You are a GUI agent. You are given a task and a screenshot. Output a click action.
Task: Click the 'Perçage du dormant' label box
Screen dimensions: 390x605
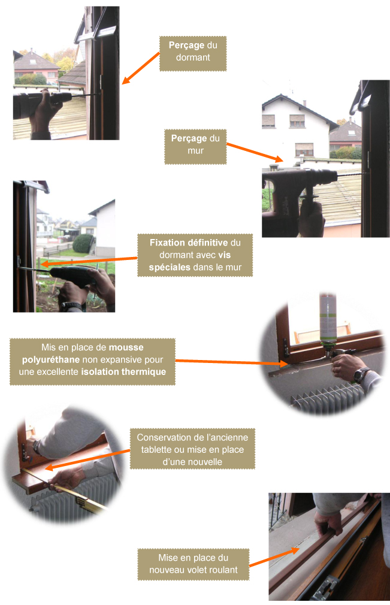[193, 54]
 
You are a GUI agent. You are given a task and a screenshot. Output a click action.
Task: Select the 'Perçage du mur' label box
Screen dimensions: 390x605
[195, 147]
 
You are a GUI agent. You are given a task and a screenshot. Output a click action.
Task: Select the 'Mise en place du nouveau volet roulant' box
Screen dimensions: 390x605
[194, 564]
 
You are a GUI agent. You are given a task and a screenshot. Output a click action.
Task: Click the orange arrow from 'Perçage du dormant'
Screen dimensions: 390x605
[141, 68]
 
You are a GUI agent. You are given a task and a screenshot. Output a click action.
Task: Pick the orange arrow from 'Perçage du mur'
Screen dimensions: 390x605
[255, 152]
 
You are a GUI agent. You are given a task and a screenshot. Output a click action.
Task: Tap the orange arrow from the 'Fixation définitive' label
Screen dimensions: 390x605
[89, 261]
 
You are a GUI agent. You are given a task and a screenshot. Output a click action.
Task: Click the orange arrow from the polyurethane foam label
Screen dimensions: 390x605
[231, 362]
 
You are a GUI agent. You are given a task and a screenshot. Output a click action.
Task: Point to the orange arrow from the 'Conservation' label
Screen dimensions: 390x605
[87, 460]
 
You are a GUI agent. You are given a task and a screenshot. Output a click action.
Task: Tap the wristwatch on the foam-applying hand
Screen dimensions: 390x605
[361, 374]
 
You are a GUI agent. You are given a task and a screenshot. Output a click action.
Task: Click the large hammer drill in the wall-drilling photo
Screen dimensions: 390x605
[299, 193]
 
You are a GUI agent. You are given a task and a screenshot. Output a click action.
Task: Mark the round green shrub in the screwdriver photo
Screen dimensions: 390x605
[83, 243]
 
